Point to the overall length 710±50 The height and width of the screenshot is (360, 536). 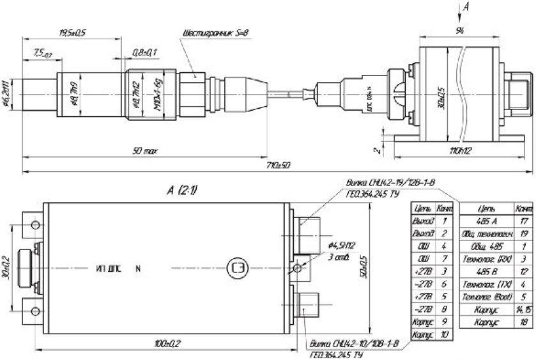click(x=275, y=165)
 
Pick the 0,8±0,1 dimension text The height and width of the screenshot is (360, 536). click(x=144, y=51)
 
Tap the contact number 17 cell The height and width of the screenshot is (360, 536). click(x=524, y=219)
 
